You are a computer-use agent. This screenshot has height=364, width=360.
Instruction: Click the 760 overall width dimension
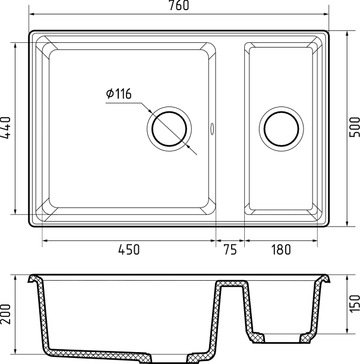179,5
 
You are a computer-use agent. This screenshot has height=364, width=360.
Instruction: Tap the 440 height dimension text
6,128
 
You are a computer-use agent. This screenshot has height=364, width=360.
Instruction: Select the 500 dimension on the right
355,127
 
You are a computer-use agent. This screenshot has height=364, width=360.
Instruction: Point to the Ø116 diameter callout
119,93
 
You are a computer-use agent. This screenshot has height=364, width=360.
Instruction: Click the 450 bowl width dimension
129,250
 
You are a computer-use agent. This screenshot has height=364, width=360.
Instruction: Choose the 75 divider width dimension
230,250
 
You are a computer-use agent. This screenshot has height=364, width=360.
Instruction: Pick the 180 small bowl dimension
281,250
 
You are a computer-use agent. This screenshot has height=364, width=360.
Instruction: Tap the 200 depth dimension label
6,314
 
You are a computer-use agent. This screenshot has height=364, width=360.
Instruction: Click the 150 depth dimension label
355,304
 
